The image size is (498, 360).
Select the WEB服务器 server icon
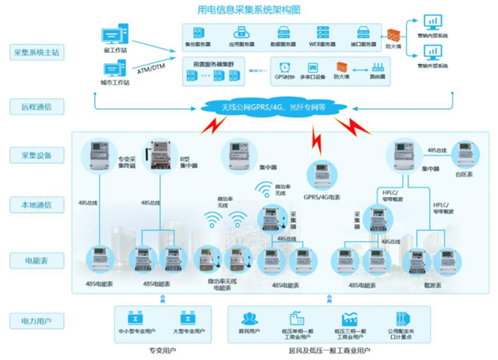click(322, 33)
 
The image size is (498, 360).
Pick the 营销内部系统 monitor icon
click(432, 21)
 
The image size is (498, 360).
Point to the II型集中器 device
click(155, 157)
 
